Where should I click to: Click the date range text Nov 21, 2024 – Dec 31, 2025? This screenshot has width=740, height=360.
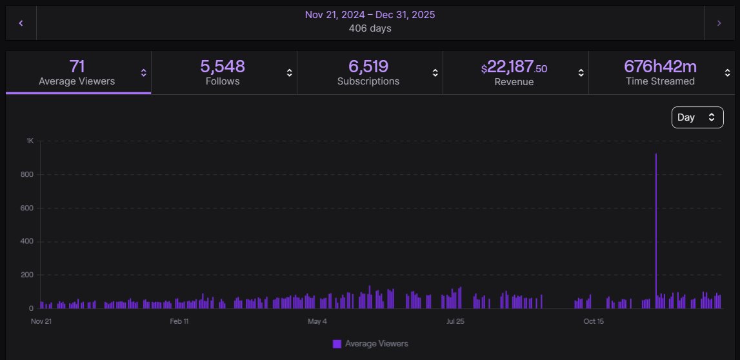point(370,14)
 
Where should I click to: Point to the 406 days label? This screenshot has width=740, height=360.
point(370,28)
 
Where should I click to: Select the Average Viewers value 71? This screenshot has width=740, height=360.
point(77,66)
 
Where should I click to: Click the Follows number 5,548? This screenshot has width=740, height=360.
point(223,66)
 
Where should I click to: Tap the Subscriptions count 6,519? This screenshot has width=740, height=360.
point(368,66)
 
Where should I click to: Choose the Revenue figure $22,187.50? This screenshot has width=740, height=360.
point(514,67)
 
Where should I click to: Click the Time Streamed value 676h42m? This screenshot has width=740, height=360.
point(659,66)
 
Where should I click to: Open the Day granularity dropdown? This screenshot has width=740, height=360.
point(697,117)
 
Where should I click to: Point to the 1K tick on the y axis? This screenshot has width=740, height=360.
point(30,141)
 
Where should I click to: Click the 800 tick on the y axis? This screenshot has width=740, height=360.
point(28,174)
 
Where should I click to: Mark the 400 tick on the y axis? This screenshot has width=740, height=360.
point(28,241)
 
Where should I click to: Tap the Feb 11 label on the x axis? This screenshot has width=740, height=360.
point(179,321)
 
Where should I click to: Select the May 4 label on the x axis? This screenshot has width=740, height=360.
point(317,321)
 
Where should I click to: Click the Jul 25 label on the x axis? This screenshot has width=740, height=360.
point(455,321)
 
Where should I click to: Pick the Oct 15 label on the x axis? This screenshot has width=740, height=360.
point(594,321)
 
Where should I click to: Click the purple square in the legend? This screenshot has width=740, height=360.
point(337,344)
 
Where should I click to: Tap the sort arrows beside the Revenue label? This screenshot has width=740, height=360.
point(581,73)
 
